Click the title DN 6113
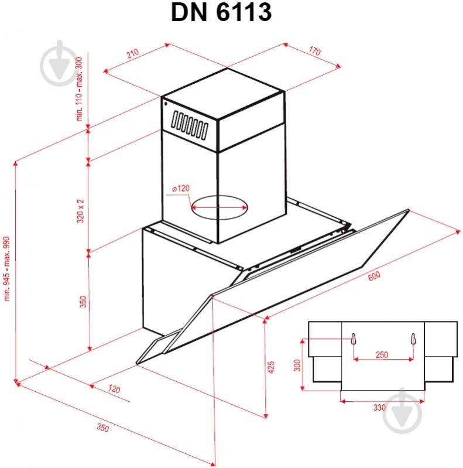click(x=222, y=13)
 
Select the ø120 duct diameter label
click(x=181, y=189)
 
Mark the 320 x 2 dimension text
click(x=81, y=210)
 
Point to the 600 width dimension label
click(x=373, y=276)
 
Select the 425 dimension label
click(x=270, y=368)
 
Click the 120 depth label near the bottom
click(x=114, y=390)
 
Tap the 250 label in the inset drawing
click(x=382, y=355)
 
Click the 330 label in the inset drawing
click(x=379, y=407)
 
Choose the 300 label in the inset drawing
click(x=297, y=365)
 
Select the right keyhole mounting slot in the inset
click(x=413, y=339)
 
